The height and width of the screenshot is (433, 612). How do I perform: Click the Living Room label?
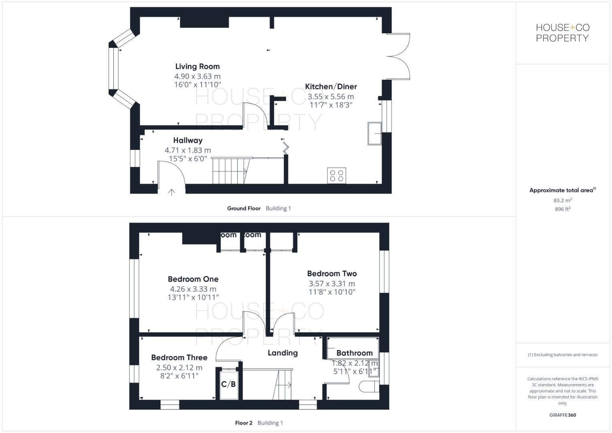pyautogui.click(x=197, y=67)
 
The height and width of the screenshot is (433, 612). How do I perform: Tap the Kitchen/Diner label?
pyautogui.click(x=331, y=87)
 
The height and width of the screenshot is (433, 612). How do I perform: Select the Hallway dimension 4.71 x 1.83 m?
pyautogui.click(x=188, y=150)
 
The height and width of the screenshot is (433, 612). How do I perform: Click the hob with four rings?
pyautogui.click(x=336, y=176)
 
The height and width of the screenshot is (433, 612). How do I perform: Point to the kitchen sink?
pyautogui.click(x=374, y=133)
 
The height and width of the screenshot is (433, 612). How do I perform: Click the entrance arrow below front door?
pyautogui.click(x=172, y=192)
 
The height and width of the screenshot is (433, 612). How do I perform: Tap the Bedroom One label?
pyautogui.click(x=193, y=279)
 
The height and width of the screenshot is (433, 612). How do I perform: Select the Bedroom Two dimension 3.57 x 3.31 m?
pyautogui.click(x=331, y=284)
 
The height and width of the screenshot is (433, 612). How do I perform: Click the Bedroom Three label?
pyautogui.click(x=179, y=358)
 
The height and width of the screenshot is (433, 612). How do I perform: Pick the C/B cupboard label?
pyautogui.click(x=228, y=384)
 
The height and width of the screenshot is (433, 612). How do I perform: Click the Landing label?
pyautogui.click(x=283, y=353)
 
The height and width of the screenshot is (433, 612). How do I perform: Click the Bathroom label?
pyautogui.click(x=354, y=353)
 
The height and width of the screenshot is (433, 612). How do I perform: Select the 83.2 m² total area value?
pyautogui.click(x=562, y=200)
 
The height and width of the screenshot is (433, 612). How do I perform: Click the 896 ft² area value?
pyautogui.click(x=562, y=209)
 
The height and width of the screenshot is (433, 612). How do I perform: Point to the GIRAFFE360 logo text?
pyautogui.click(x=562, y=415)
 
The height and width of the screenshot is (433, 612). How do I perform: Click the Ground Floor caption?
pyautogui.click(x=244, y=208)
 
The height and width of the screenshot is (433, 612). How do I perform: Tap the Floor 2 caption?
pyautogui.click(x=244, y=423)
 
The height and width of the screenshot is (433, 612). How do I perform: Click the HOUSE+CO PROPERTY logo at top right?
pyautogui.click(x=562, y=33)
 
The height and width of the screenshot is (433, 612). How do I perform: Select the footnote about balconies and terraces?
pyautogui.click(x=562, y=355)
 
